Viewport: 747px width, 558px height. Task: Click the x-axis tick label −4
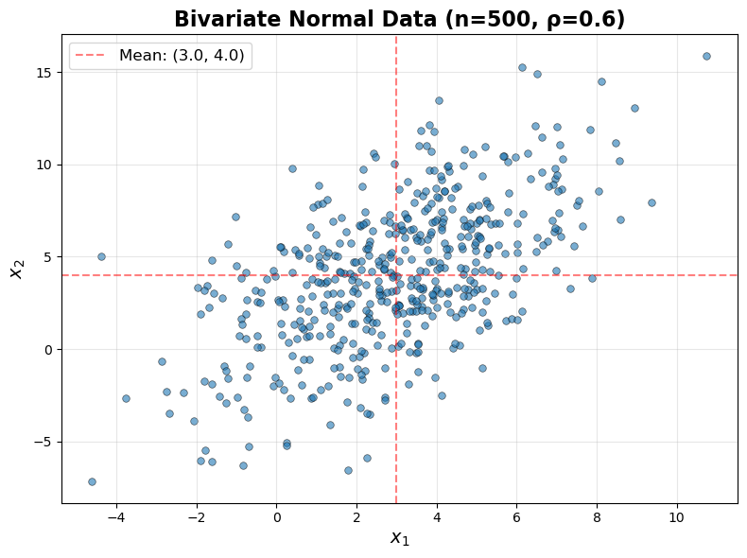click(116, 517)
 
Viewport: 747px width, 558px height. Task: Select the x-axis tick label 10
click(676, 517)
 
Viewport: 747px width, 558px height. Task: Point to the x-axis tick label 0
click(276, 517)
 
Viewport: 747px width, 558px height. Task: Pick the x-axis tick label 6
click(516, 517)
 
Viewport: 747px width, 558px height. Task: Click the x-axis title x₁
click(400, 538)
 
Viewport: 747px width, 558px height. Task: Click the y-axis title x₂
click(16, 270)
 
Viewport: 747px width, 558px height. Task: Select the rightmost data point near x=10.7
click(706, 56)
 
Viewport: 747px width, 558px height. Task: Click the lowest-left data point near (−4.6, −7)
click(92, 481)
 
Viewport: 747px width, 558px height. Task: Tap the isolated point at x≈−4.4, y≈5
click(101, 256)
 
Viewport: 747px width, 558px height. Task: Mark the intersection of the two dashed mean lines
click(396, 275)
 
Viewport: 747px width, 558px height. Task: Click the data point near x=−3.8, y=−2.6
click(126, 398)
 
